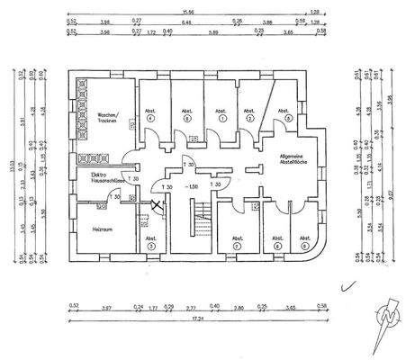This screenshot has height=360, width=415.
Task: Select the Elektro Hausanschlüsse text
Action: click(x=100, y=177)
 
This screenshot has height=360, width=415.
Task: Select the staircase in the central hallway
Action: click(x=199, y=220)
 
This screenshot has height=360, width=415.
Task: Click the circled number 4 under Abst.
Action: click(x=150, y=119)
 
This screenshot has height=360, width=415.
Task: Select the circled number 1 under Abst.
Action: click(x=221, y=119)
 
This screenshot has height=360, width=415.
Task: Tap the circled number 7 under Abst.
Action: click(x=238, y=245)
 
